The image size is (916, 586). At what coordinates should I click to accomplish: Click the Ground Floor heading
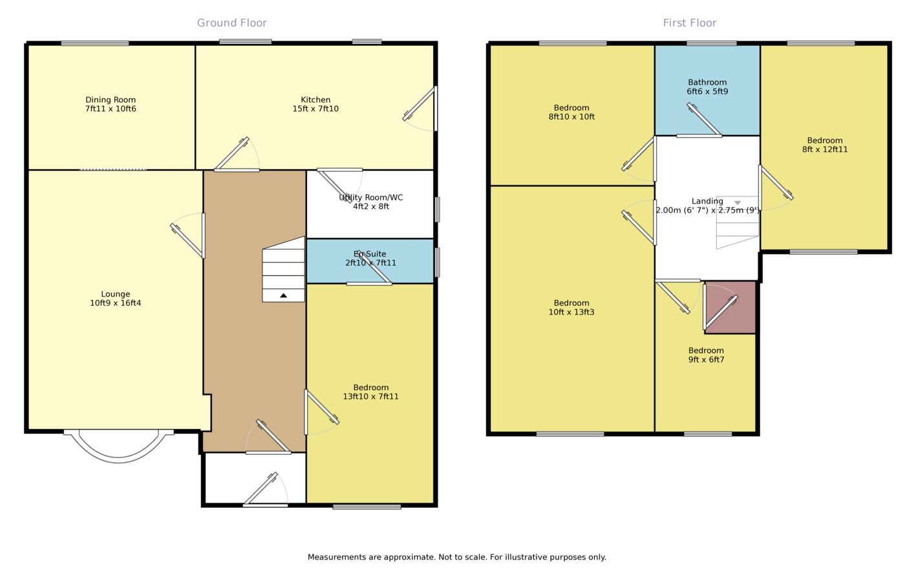tap(232, 23)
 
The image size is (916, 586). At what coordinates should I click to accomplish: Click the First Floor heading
tap(690, 23)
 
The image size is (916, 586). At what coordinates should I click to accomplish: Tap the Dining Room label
tap(111, 99)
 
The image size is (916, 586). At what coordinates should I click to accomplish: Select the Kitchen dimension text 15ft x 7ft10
tap(315, 109)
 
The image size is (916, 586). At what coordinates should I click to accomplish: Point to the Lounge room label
tap(115, 294)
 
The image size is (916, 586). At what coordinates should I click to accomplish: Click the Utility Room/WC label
tap(371, 198)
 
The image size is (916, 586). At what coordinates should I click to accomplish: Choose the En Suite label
tap(370, 254)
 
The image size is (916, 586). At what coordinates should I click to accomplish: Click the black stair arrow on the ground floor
tap(283, 295)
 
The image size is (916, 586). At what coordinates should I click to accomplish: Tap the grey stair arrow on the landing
tap(738, 203)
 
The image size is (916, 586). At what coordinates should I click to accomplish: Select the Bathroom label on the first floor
tap(707, 82)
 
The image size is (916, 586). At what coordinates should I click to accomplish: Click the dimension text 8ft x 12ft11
tap(824, 149)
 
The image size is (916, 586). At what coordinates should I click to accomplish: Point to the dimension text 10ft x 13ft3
tap(571, 312)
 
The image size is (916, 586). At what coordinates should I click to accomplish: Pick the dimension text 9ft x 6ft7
tap(706, 360)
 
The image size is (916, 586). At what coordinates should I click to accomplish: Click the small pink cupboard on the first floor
tap(730, 308)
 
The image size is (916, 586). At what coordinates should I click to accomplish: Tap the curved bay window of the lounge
tap(118, 458)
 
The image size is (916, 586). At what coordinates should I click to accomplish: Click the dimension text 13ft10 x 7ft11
tap(370, 397)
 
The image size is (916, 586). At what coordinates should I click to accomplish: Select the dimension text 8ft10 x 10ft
tap(571, 117)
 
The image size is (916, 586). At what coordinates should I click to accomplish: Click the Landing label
tap(707, 201)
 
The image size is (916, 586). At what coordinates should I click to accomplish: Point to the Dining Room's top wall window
tap(95, 43)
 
